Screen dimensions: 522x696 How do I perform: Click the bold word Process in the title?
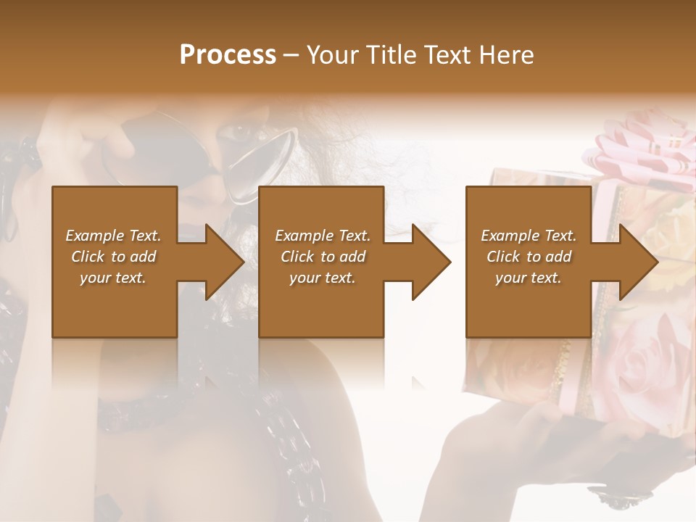pyautogui.click(x=228, y=55)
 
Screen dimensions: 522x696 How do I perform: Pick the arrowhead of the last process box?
pyautogui.click(x=638, y=262)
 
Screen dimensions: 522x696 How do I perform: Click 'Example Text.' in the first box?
pyautogui.click(x=113, y=236)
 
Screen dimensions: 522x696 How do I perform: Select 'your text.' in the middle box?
pyautogui.click(x=322, y=278)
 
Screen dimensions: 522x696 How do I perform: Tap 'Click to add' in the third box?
pyautogui.click(x=529, y=257)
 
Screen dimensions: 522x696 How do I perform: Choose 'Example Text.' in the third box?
pyautogui.click(x=529, y=236)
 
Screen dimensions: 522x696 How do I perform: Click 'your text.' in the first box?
pyautogui.click(x=113, y=278)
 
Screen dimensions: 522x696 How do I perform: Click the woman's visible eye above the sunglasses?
pyautogui.click(x=239, y=132)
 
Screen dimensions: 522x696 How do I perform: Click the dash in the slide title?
pyautogui.click(x=291, y=55)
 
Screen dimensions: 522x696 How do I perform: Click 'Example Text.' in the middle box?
pyautogui.click(x=322, y=236)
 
